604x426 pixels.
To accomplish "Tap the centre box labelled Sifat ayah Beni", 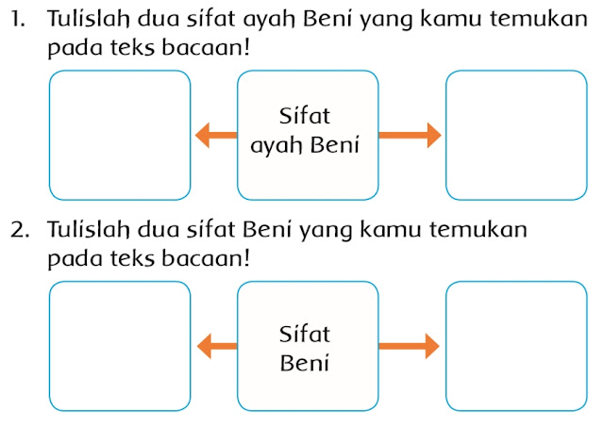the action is coord(308,136).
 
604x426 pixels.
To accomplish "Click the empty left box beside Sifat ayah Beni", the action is coord(120,136).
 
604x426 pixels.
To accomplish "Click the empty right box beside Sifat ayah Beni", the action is coord(514,136).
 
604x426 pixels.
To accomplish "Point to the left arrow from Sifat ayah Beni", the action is coord(215,138).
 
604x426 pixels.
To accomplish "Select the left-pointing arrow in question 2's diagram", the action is coord(215,346).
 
